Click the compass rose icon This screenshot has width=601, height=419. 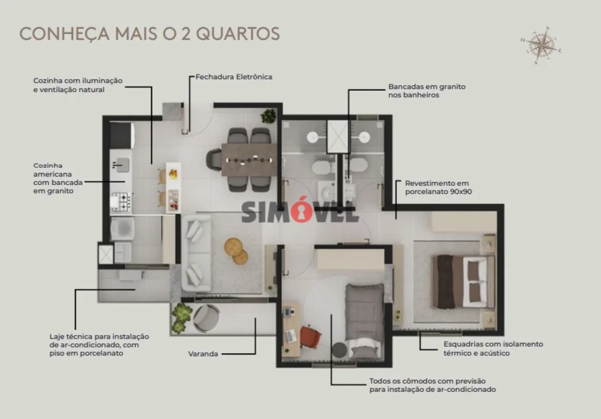[x=541, y=45]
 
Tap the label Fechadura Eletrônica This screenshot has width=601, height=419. [x=234, y=77]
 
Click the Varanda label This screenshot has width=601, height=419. [x=203, y=354]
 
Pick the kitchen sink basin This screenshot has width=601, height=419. [x=120, y=165]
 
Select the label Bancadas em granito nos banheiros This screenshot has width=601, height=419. [x=426, y=91]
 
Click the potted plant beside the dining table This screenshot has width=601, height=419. [x=269, y=116]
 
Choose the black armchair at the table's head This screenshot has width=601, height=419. [x=214, y=159]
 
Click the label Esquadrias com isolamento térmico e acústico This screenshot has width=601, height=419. [x=493, y=348]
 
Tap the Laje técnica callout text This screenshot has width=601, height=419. [x=99, y=345]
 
